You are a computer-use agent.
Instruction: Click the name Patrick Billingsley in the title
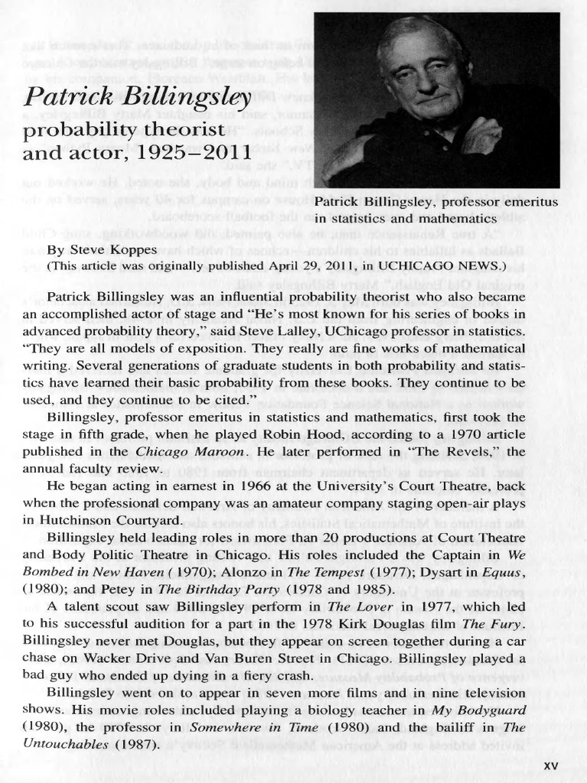(138, 97)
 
